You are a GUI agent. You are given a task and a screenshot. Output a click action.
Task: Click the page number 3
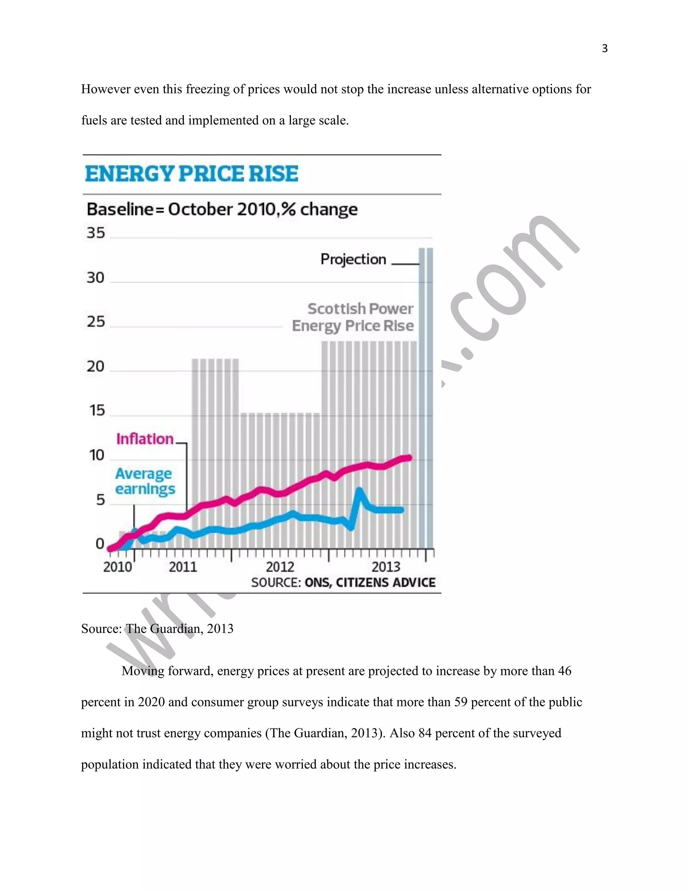pyautogui.click(x=605, y=48)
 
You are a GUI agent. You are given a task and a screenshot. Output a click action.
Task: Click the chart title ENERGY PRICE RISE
pyautogui.click(x=191, y=174)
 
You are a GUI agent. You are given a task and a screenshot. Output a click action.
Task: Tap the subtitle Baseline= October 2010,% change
pyautogui.click(x=222, y=209)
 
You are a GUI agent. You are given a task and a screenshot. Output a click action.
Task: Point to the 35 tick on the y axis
pyautogui.click(x=96, y=233)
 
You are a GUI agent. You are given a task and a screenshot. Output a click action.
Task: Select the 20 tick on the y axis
pyautogui.click(x=96, y=366)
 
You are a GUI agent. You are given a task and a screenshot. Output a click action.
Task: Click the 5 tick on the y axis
pyautogui.click(x=100, y=500)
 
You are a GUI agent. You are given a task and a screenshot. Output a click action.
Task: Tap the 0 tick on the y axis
pyautogui.click(x=100, y=544)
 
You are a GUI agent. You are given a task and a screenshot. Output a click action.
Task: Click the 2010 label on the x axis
pyautogui.click(x=117, y=567)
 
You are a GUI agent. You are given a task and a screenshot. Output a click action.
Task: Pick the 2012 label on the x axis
pyautogui.click(x=280, y=567)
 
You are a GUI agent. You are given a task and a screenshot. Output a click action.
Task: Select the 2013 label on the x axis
pyautogui.click(x=386, y=567)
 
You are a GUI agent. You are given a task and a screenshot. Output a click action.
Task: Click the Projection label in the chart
pyautogui.click(x=353, y=259)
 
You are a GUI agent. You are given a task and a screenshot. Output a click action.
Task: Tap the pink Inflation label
pyautogui.click(x=145, y=439)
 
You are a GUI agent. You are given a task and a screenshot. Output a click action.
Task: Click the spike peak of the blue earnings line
pyautogui.click(x=359, y=490)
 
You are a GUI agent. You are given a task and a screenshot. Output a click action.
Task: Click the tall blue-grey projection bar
pyautogui.click(x=426, y=398)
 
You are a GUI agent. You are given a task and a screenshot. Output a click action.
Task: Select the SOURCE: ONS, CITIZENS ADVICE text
pyautogui.click(x=343, y=582)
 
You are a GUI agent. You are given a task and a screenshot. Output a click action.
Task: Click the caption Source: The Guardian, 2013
pyautogui.click(x=157, y=628)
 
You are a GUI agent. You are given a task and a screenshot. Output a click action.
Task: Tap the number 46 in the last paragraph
pyautogui.click(x=564, y=671)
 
